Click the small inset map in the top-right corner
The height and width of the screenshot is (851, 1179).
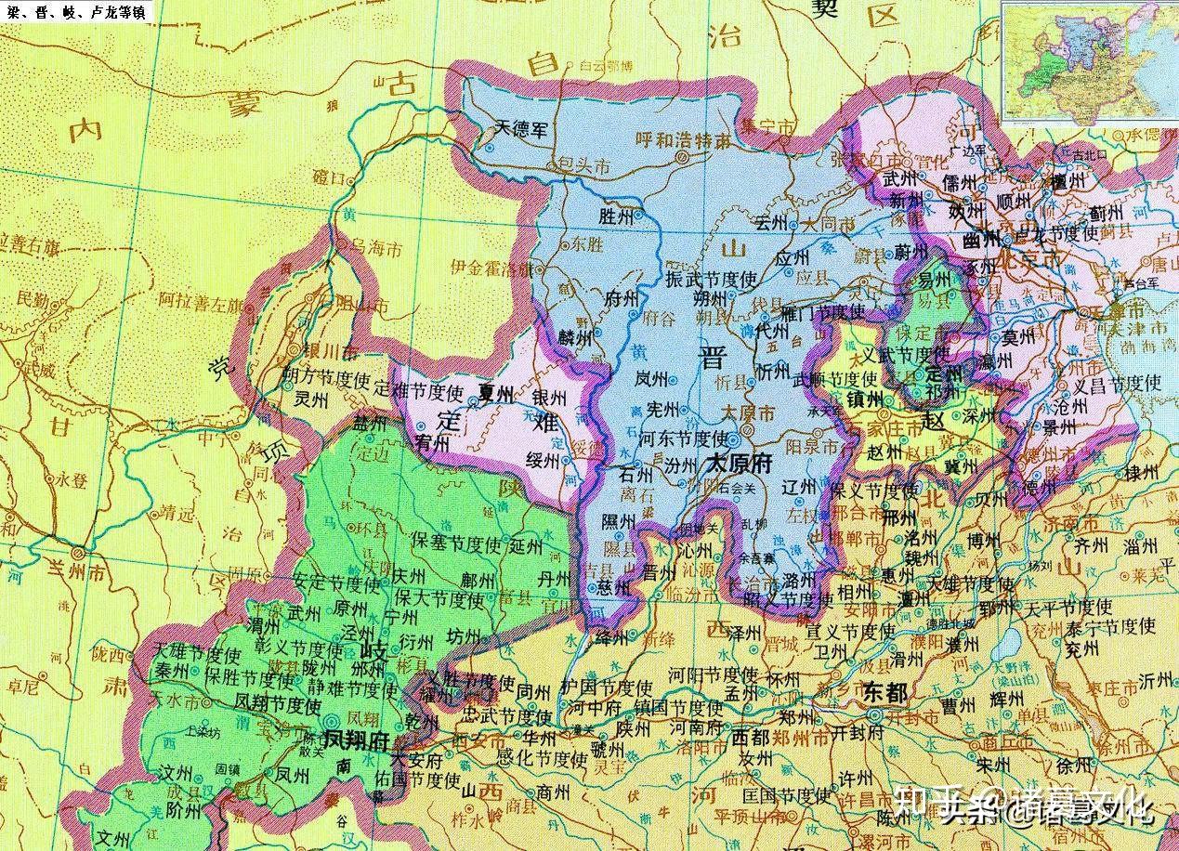coord(1088,60)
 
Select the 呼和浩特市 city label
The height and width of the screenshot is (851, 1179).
coord(682,141)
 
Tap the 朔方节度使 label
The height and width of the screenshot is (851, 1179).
coord(325,382)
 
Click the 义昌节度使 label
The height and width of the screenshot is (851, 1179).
coord(1117,383)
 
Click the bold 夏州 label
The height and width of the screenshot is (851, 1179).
coord(495,393)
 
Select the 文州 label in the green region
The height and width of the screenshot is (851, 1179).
coord(118,835)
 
